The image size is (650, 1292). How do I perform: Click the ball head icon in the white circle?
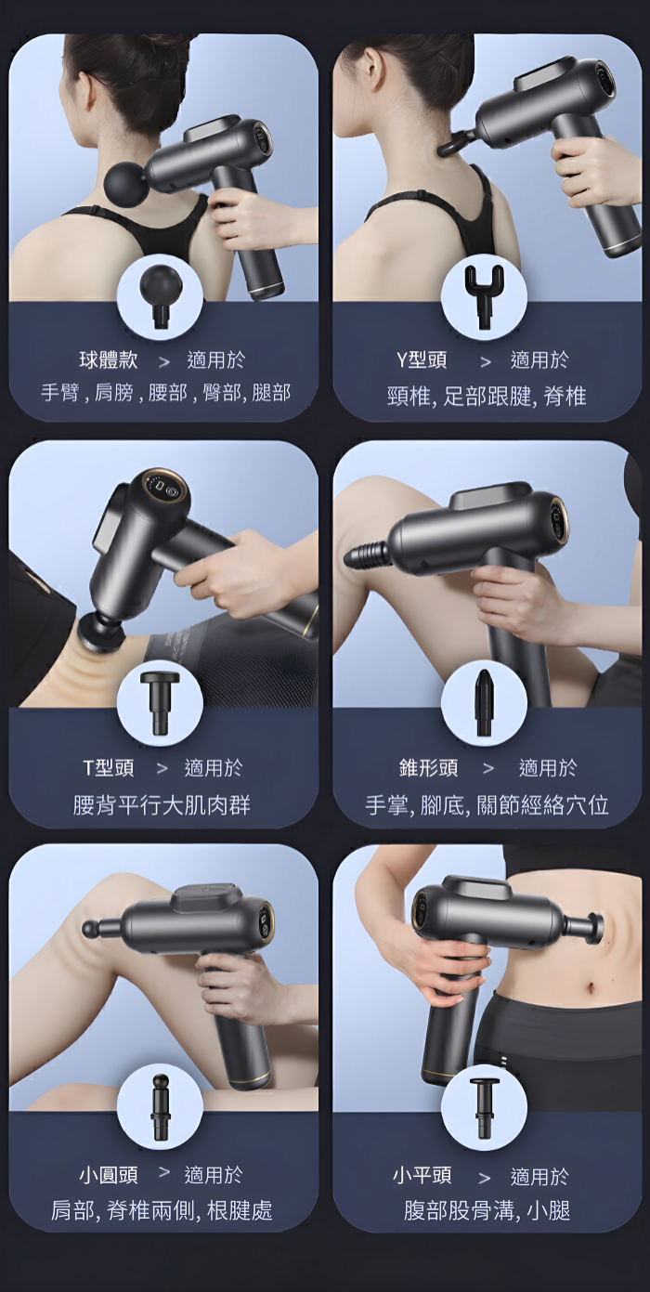[160, 295]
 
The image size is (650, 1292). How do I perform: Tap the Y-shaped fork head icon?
[484, 295]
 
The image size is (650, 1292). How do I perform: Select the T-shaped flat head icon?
[160, 702]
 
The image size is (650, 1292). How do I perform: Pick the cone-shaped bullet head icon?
[483, 702]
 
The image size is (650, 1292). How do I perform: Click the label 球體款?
[109, 360]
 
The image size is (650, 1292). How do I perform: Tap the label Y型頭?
[422, 360]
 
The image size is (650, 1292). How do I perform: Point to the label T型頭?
[109, 768]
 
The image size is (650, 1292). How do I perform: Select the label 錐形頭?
[429, 768]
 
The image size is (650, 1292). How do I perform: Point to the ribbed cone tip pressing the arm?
[365, 554]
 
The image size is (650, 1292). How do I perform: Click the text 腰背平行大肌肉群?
[162, 805]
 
